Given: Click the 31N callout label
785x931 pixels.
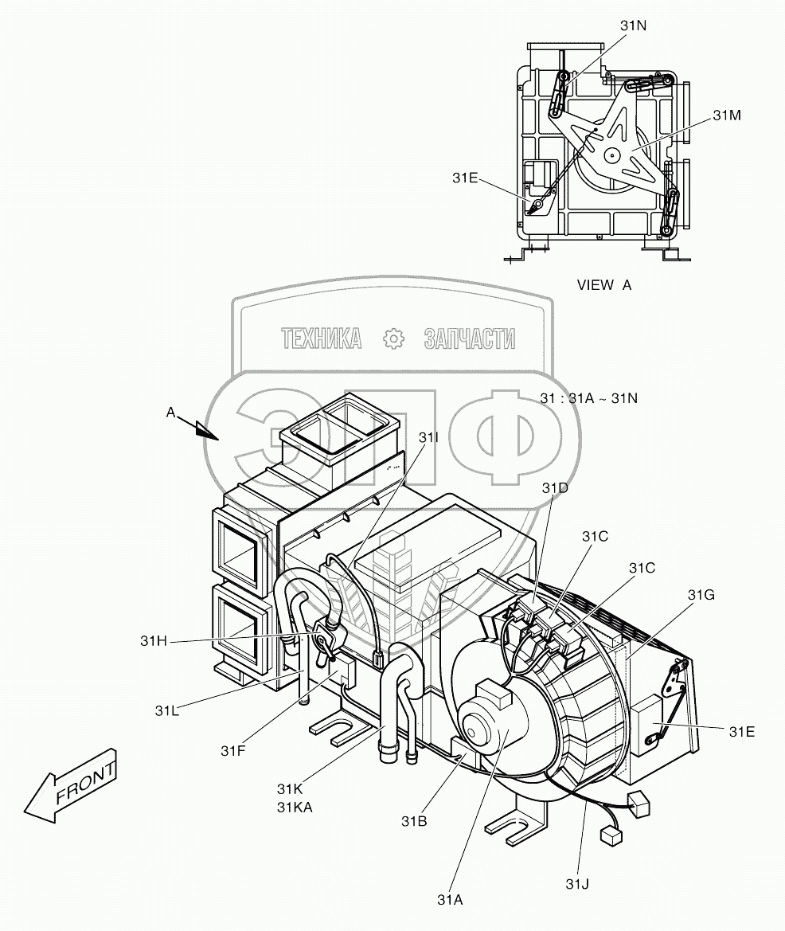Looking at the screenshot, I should (634, 25).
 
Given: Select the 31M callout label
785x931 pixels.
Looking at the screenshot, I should (727, 115).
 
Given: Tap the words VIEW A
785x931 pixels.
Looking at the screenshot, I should (604, 284).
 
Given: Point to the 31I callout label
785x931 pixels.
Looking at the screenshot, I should (428, 438).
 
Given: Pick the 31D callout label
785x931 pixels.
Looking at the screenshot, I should (555, 487).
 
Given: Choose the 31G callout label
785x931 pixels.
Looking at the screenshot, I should (701, 595).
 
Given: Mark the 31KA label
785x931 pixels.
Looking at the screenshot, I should (295, 806).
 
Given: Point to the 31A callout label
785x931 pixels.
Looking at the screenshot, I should (449, 899).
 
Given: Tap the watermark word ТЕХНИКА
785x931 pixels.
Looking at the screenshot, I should (322, 339).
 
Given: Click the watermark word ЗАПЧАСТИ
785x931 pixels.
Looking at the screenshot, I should (471, 339).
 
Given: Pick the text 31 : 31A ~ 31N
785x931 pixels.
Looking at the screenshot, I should (588, 397).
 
